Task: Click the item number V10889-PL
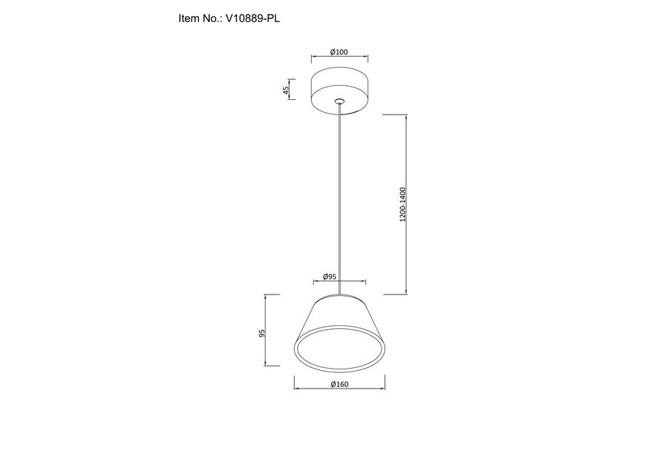[253, 18]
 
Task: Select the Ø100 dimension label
[339, 52]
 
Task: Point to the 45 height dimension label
[286, 90]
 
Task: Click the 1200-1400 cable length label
[403, 205]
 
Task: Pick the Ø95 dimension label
[329, 277]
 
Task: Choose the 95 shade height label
[262, 333]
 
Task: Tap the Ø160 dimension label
[339, 384]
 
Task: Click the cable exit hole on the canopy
[340, 101]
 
